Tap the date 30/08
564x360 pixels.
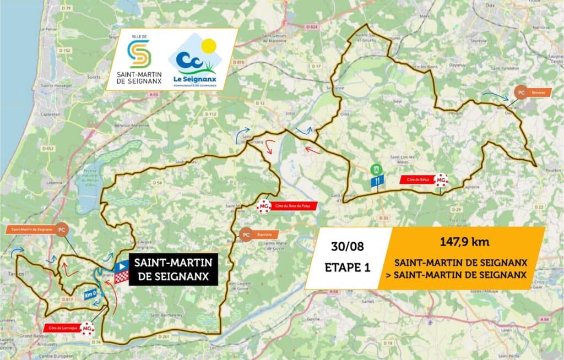click(x=348, y=246)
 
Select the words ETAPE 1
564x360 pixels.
click(x=348, y=268)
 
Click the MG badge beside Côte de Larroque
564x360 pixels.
click(x=87, y=329)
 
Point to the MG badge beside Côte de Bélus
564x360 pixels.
click(x=441, y=179)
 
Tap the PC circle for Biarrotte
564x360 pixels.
click(x=246, y=233)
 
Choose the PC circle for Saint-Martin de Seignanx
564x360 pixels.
click(x=62, y=229)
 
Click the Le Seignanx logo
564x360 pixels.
click(x=192, y=61)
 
